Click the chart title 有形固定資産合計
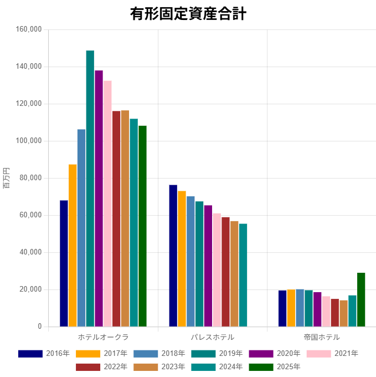[x=188, y=14]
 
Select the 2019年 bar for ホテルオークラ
[x=90, y=188]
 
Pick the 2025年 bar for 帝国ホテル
[x=361, y=299]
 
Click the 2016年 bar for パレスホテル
[x=173, y=256]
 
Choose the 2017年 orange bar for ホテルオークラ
[x=73, y=246]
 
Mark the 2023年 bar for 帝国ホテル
[x=343, y=313]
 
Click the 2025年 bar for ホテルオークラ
[x=142, y=226]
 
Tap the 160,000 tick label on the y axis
[x=30, y=29]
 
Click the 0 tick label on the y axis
[x=40, y=327]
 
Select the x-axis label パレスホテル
[x=213, y=337]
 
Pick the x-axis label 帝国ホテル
[x=322, y=337]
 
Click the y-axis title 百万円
[x=6, y=178]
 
